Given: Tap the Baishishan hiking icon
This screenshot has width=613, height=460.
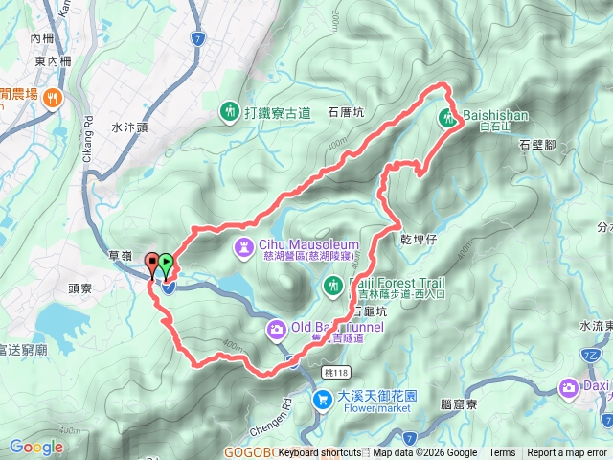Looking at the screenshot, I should [447, 119].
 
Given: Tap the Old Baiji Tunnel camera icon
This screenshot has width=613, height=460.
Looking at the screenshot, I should [275, 330].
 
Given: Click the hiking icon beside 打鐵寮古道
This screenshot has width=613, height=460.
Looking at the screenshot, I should [229, 112].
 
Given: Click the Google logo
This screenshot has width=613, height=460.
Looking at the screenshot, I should [36, 447].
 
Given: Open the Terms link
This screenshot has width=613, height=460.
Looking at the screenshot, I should [502, 453].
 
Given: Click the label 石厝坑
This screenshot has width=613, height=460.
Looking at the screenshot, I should [346, 112].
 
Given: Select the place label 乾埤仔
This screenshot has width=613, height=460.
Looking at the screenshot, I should [419, 236].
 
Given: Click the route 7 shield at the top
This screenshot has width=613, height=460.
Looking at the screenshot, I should [196, 39].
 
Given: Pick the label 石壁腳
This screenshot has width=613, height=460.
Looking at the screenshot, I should [536, 146].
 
